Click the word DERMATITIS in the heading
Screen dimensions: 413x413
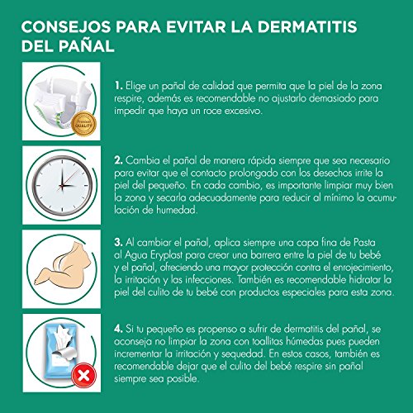tap(307, 26)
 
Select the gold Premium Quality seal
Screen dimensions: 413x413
tap(83, 124)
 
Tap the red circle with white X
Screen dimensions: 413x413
tap(84, 375)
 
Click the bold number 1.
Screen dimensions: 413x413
tap(119, 86)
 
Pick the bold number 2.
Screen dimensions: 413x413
tap(119, 160)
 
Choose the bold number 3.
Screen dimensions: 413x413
tap(119, 243)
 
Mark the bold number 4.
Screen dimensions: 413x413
tap(119, 329)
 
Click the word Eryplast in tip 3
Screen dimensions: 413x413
tap(166, 255)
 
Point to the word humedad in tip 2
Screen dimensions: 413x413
tap(177, 210)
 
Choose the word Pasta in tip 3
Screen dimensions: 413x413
tap(364, 243)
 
